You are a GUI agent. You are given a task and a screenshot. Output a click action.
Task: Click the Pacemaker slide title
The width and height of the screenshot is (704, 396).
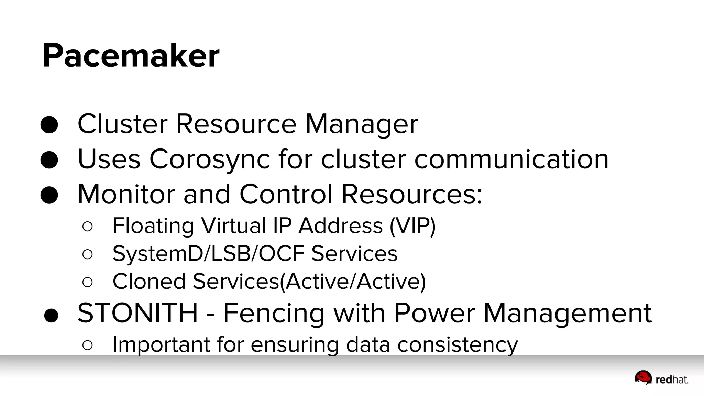[x=131, y=56]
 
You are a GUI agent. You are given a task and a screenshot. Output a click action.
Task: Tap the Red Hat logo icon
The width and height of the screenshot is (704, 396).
[x=643, y=377]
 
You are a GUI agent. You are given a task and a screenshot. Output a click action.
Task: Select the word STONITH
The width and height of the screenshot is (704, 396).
[x=138, y=313]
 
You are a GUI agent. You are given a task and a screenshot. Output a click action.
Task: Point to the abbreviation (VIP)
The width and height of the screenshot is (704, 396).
[x=412, y=226]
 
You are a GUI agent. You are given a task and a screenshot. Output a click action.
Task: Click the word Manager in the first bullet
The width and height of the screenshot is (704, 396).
[x=362, y=124]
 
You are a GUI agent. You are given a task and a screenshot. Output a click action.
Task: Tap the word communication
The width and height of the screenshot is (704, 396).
[x=511, y=159]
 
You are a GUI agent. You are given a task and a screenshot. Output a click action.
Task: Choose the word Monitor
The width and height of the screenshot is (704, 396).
[x=126, y=195]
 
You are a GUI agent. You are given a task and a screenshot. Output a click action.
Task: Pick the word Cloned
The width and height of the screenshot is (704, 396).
[x=149, y=282]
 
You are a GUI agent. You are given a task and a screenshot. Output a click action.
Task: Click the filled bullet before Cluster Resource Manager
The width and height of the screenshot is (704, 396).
[x=49, y=125]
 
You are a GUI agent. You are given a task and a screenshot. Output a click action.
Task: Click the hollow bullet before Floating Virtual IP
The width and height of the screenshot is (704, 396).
[x=88, y=226]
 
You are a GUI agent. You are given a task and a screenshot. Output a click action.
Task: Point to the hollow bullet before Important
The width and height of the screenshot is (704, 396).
[x=88, y=345]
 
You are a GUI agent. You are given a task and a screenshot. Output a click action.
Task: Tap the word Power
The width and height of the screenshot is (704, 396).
[x=434, y=313]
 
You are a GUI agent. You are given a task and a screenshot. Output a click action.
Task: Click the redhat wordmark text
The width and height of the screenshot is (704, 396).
[x=672, y=380]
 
